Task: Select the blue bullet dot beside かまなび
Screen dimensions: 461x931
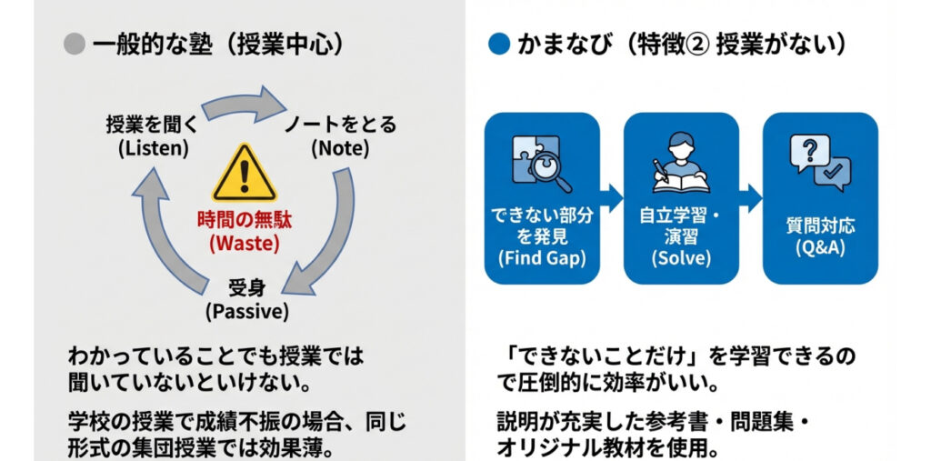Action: pos(497,45)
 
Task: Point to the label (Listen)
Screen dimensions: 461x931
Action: pos(154,147)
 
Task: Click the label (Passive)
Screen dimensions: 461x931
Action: pos(246,312)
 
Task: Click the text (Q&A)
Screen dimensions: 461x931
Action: pos(819,246)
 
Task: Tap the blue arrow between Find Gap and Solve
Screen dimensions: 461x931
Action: pos(611,195)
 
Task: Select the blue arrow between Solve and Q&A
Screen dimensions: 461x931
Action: pos(750,195)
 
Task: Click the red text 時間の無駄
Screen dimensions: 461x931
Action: pos(244,220)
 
